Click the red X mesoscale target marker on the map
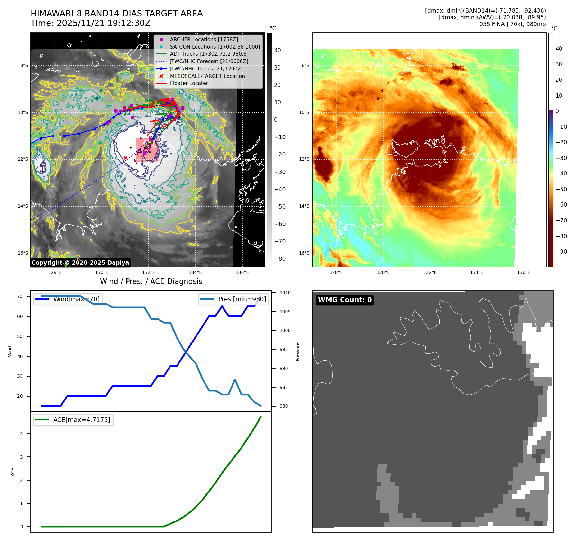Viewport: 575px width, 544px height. pyautogui.click(x=125, y=158)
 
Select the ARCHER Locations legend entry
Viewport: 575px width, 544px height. pyautogui.click(x=204, y=39)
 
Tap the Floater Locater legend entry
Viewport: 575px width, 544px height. pyautogui.click(x=189, y=83)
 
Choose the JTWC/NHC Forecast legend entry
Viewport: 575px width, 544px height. pyautogui.click(x=209, y=61)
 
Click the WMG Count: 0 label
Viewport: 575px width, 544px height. pyautogui.click(x=345, y=300)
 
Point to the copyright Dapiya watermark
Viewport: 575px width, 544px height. pyautogui.click(x=80, y=263)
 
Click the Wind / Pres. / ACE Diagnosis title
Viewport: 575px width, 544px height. pyautogui.click(x=151, y=281)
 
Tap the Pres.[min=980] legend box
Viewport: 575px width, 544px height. pyautogui.click(x=234, y=299)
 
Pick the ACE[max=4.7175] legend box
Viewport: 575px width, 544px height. pyautogui.click(x=73, y=420)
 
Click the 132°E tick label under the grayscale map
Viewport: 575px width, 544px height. pyautogui.click(x=149, y=273)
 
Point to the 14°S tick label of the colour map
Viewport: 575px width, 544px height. pyautogui.click(x=304, y=206)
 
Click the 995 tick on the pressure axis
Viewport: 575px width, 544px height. pyautogui.click(x=284, y=349)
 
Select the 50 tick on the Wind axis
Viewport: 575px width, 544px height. pyautogui.click(x=20, y=336)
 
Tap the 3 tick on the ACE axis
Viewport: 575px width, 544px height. pyautogui.click(x=22, y=457)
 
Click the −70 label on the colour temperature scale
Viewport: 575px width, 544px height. pyautogui.click(x=561, y=220)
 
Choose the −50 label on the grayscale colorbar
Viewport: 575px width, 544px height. pyautogui.click(x=280, y=207)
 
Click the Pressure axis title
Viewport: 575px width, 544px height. pyautogui.click(x=298, y=352)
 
